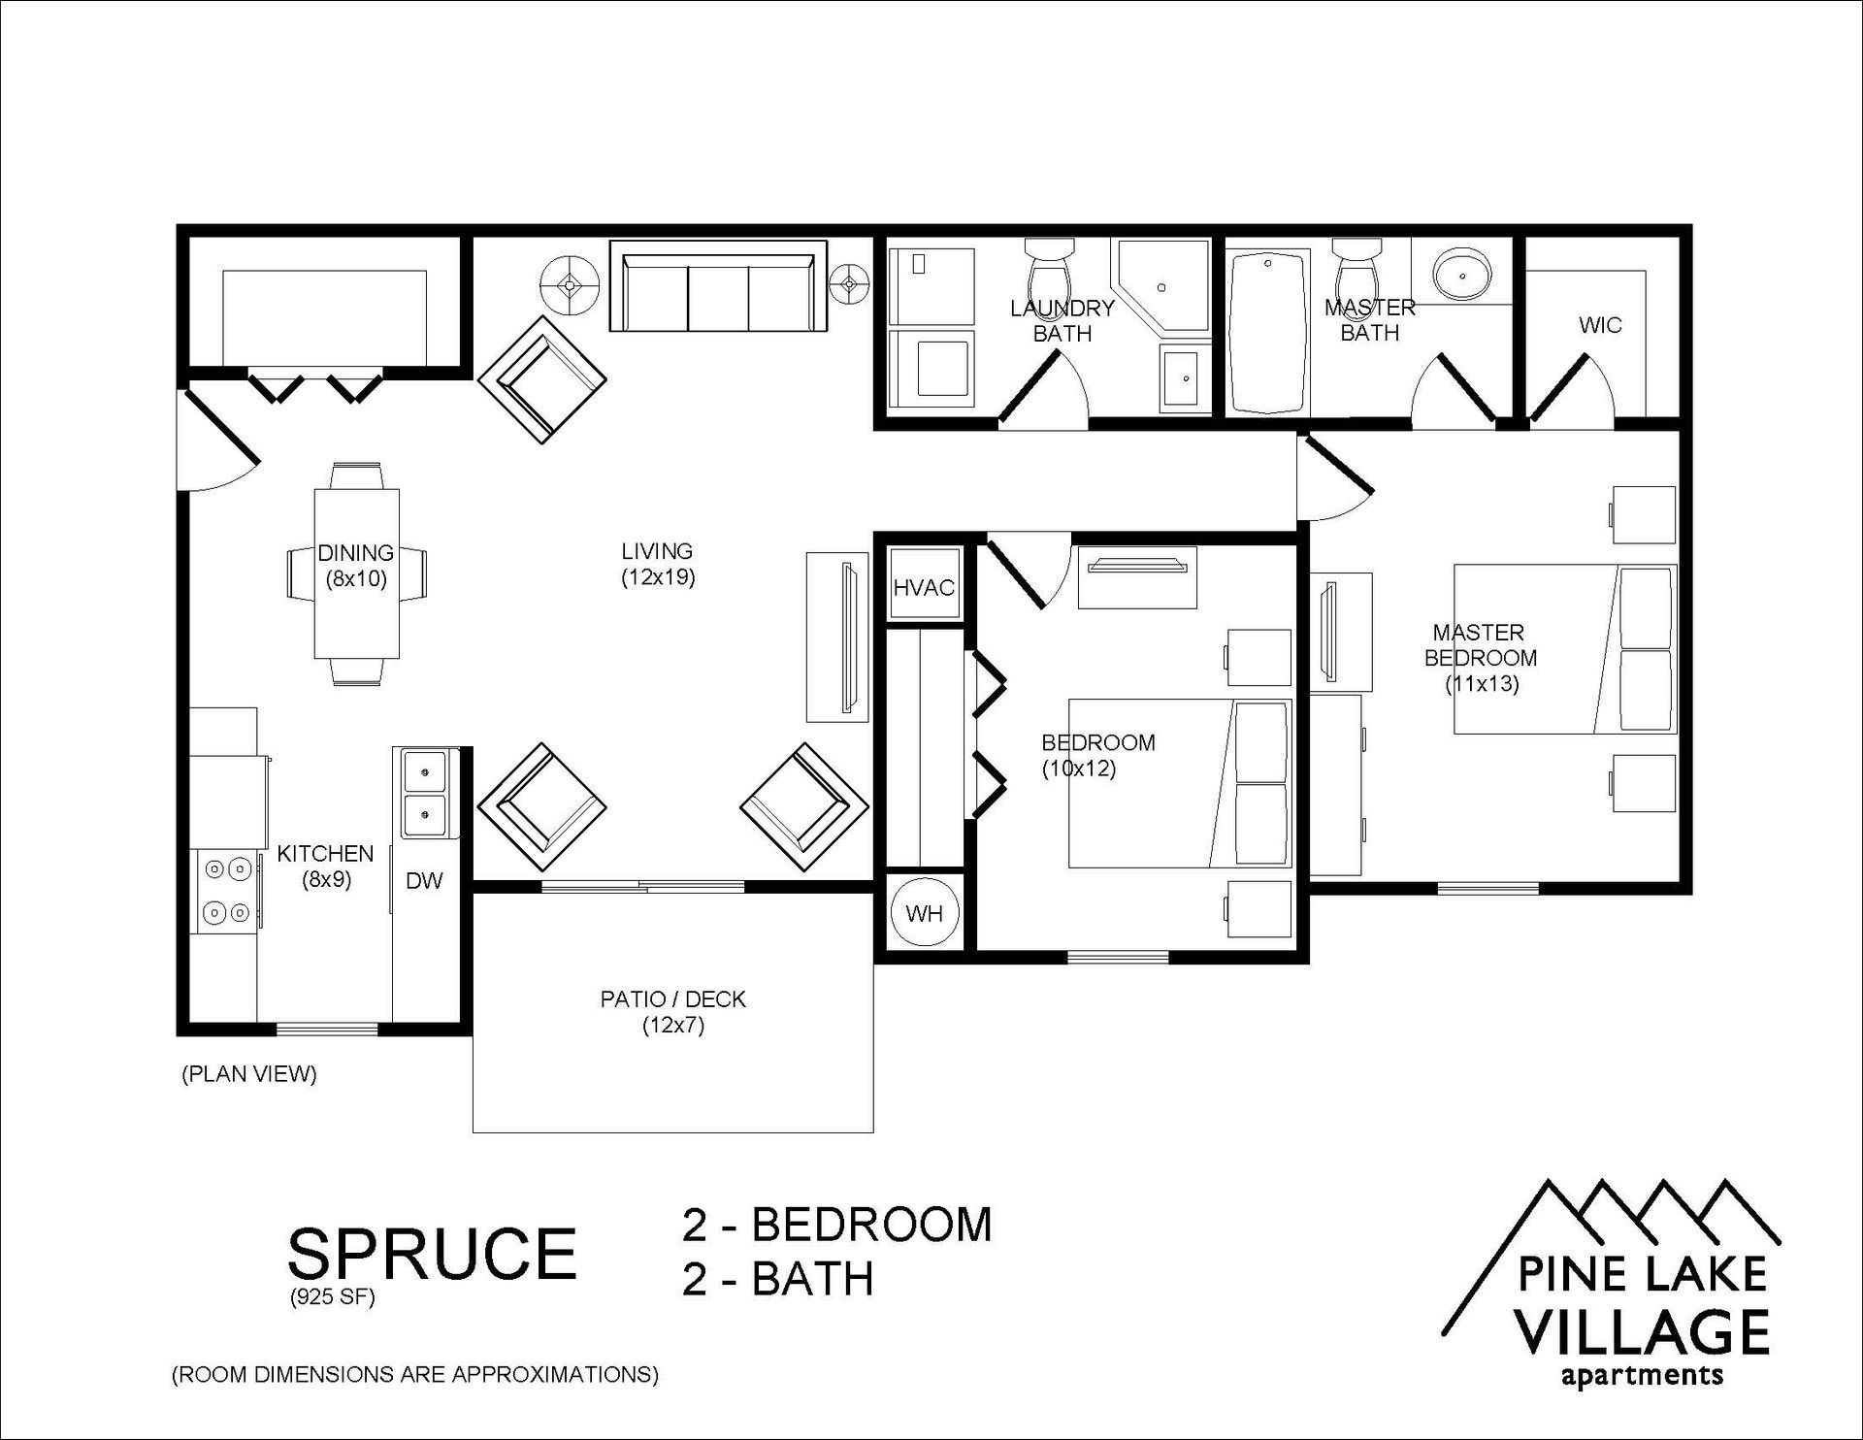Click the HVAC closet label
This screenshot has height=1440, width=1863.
click(924, 587)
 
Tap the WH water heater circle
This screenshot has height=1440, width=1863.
click(924, 913)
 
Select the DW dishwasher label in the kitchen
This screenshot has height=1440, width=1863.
click(424, 881)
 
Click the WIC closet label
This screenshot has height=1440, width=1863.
click(1600, 325)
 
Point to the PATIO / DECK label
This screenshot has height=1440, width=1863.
click(673, 999)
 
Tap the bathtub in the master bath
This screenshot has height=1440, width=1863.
click(1266, 332)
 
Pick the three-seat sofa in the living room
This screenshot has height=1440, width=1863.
click(718, 286)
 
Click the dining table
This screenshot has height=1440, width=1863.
click(357, 573)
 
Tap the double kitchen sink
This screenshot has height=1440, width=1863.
click(425, 794)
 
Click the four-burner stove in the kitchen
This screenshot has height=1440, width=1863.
click(227, 891)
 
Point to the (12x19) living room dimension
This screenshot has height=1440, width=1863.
click(659, 577)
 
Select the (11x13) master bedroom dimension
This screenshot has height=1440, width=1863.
click(1482, 683)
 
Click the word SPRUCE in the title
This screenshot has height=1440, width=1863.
click(433, 1253)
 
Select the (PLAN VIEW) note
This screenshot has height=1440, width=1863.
click(249, 1074)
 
